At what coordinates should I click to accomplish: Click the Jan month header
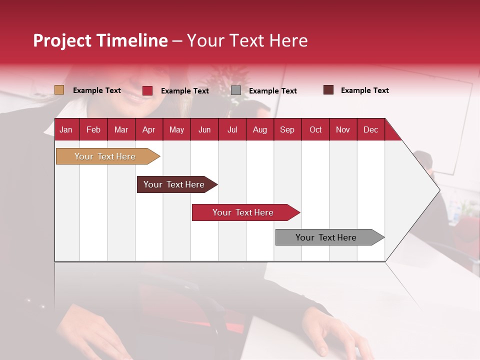(66, 130)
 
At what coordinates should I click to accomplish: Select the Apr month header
(149, 130)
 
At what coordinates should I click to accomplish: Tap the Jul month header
(232, 130)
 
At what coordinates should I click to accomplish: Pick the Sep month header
(287, 130)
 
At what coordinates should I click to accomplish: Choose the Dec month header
(370, 130)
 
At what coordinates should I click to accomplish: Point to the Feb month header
(93, 130)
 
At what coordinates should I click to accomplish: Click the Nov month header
(342, 130)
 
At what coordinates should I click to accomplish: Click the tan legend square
(59, 90)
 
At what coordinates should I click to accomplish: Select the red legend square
(147, 90)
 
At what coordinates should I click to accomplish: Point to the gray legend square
(236, 90)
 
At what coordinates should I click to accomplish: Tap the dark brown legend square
(328, 90)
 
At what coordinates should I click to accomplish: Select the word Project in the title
(62, 40)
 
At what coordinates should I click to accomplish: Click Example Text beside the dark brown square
(364, 90)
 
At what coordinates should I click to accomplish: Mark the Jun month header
(204, 130)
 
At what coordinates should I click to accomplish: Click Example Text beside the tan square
(97, 90)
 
